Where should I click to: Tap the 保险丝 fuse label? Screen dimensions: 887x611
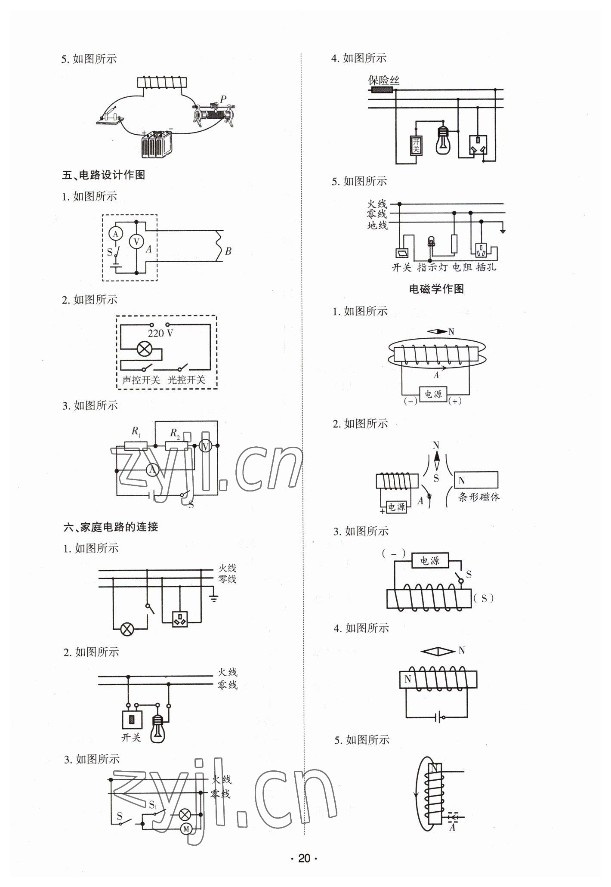click(384, 80)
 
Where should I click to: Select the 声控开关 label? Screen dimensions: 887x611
click(141, 380)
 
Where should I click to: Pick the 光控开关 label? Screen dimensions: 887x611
click(187, 380)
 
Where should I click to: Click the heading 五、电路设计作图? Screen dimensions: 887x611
click(104, 175)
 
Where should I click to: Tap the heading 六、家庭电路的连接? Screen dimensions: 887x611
click(111, 526)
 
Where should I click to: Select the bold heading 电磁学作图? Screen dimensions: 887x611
click(436, 289)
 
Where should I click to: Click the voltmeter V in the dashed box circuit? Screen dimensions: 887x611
click(136, 242)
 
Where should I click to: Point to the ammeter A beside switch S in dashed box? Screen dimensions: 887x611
click(115, 234)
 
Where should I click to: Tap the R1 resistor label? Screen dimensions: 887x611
click(136, 431)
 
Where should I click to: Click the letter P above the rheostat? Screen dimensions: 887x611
click(223, 99)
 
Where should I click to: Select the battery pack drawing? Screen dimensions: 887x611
click(157, 144)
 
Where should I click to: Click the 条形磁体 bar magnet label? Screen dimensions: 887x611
click(479, 497)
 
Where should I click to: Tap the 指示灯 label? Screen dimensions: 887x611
click(432, 267)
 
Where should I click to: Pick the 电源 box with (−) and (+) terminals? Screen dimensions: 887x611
click(433, 394)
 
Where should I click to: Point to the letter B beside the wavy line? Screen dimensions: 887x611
click(228, 251)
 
